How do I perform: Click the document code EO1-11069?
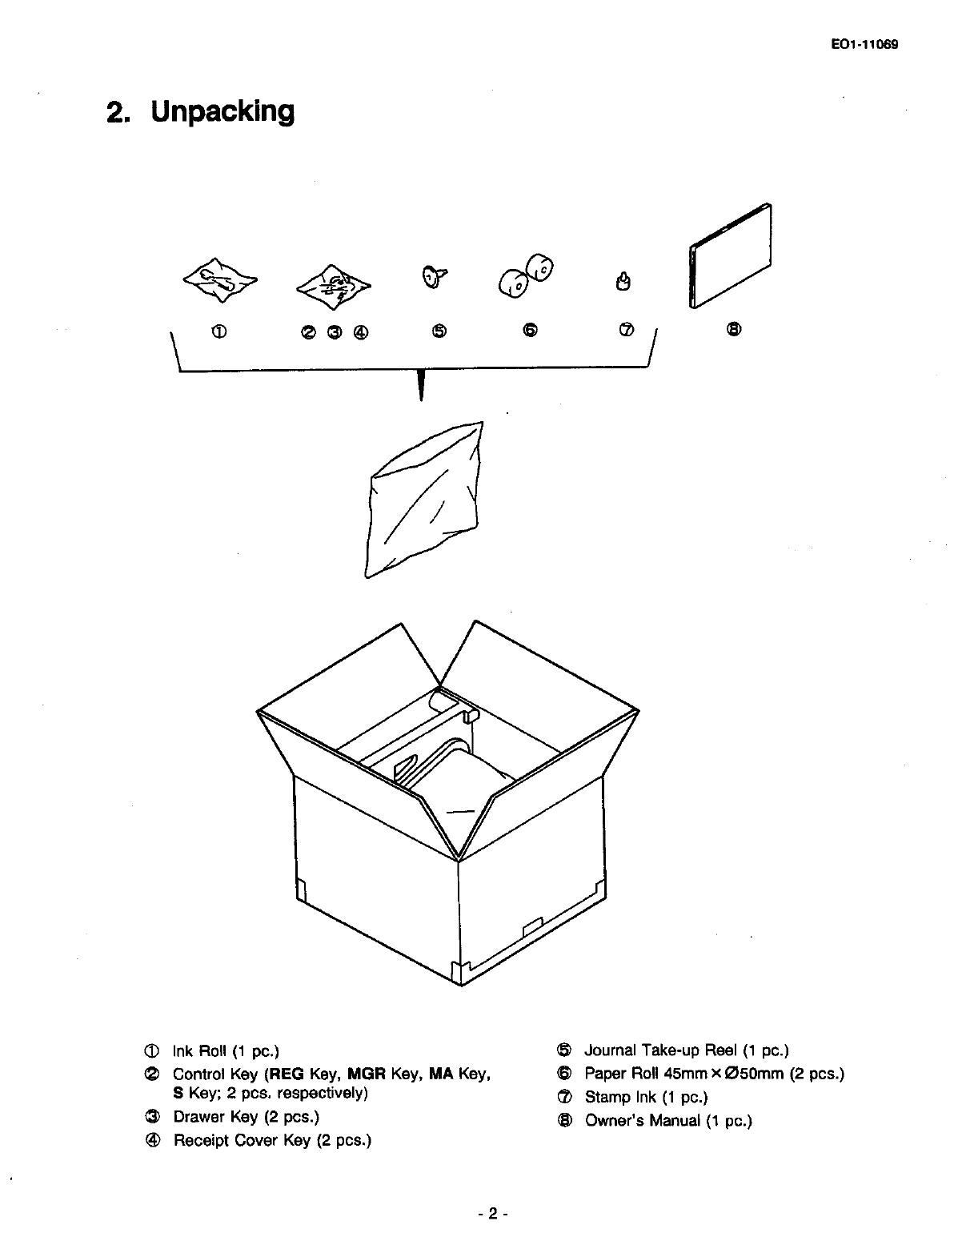point(865,45)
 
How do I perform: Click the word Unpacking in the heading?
point(222,111)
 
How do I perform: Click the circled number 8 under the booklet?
point(734,329)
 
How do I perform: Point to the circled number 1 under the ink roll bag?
point(219,330)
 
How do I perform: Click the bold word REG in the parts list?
point(287,1074)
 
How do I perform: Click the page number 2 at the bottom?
point(493,1214)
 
